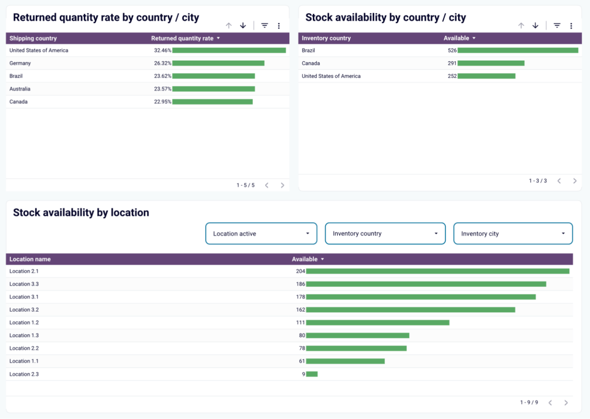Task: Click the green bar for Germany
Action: (218, 63)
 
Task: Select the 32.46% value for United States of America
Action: (162, 51)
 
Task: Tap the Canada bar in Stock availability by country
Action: (491, 63)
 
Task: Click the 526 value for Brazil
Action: (452, 51)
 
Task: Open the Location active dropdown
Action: (261, 234)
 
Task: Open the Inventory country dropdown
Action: (385, 234)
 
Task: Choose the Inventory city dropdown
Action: (513, 234)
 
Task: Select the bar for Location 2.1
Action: (437, 271)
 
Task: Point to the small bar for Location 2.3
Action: (312, 374)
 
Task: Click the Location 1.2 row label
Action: (24, 323)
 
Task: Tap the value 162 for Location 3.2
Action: (300, 310)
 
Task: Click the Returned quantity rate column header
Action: (182, 39)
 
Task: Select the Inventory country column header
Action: (326, 39)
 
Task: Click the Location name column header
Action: (30, 260)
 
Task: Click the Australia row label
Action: (20, 89)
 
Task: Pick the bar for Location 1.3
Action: (357, 335)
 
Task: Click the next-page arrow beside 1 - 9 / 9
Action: (566, 403)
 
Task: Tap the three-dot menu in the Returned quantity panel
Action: (279, 26)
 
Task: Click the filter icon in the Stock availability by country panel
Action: (557, 26)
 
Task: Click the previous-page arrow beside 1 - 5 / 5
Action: (267, 185)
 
